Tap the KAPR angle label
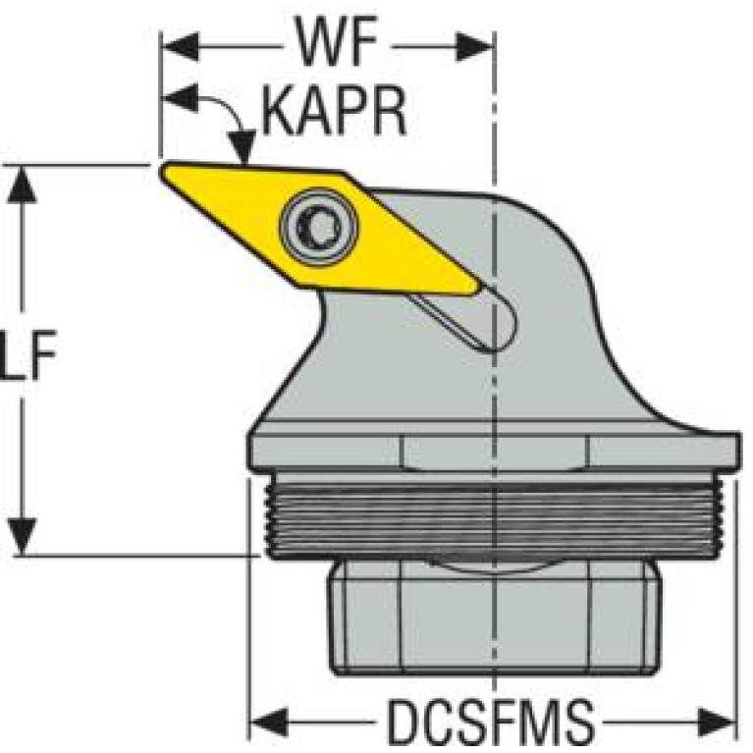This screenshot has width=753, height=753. point(334,116)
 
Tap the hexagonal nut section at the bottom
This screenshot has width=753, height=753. point(491,619)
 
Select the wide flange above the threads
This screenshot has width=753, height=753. point(491,453)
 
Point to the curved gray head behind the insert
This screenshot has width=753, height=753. point(550,295)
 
